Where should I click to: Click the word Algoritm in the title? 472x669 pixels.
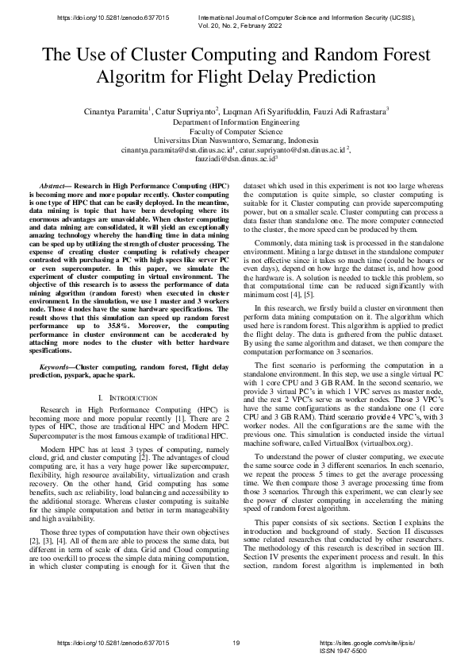click(128, 78)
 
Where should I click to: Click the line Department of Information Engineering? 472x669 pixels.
click(236, 124)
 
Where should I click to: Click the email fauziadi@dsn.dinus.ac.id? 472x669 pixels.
click(234, 158)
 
